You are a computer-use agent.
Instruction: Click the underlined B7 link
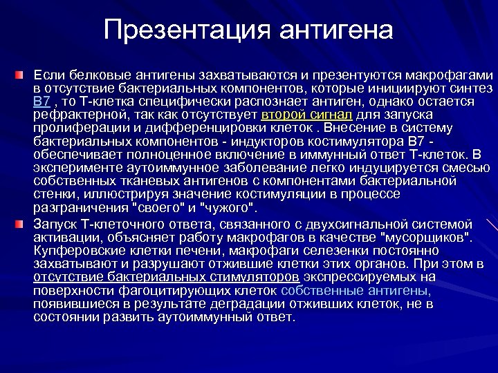pyautogui.click(x=41, y=102)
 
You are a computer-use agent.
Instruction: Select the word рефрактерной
pyautogui.click(x=72, y=114)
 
